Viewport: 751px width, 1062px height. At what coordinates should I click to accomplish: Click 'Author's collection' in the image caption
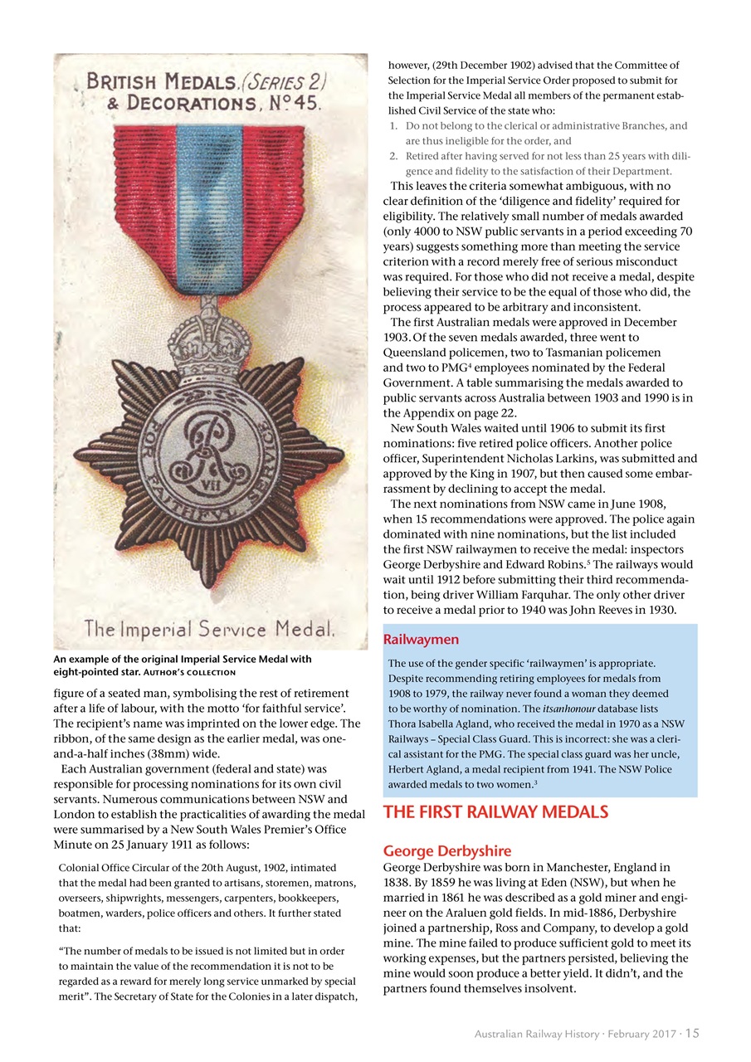point(196,672)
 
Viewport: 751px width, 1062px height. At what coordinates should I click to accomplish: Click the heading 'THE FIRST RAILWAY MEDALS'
point(495,812)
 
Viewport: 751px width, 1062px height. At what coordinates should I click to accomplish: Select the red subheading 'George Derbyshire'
point(446,851)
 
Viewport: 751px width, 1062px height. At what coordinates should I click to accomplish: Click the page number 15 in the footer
point(692,1034)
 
